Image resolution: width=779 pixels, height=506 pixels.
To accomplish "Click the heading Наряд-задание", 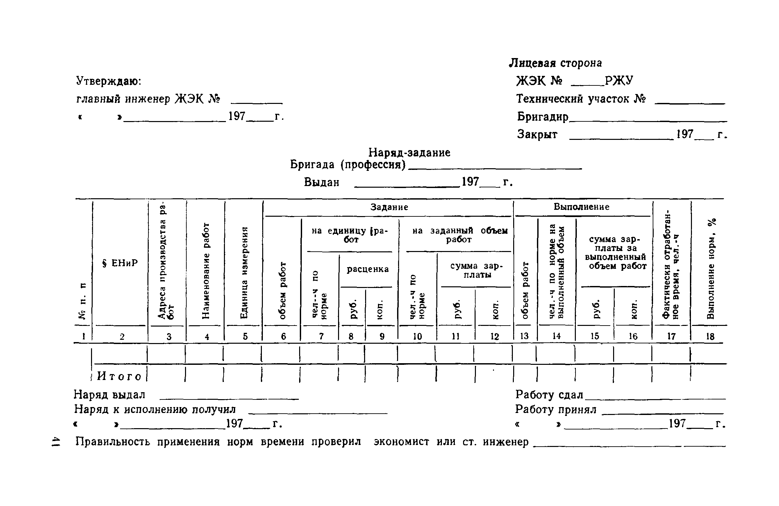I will point(409,153).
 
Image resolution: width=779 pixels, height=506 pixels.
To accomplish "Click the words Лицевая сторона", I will point(556,63).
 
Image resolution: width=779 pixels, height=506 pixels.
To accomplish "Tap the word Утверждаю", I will point(109,81).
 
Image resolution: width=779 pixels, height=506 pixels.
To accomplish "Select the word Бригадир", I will point(543,116).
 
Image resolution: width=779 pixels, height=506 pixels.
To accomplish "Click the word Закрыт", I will point(537,134).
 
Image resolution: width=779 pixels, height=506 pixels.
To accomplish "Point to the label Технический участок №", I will point(581,99).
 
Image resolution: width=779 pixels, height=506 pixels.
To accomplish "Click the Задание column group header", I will point(389,207).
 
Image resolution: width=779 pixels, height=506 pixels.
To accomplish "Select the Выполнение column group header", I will point(581,207).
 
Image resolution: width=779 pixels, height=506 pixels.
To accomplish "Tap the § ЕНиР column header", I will point(120,263).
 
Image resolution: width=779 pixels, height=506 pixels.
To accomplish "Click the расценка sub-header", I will point(368,269).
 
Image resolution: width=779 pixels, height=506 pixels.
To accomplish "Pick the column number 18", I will point(710,336).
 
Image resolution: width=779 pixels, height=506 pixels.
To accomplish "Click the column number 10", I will point(417,336).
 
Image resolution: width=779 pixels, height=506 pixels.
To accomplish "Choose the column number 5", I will point(245,336).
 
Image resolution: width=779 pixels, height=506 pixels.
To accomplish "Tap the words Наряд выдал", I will point(109,395).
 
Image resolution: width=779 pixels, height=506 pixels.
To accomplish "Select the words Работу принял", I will point(556,409).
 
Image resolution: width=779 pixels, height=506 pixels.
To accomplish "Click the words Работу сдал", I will point(549,395).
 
